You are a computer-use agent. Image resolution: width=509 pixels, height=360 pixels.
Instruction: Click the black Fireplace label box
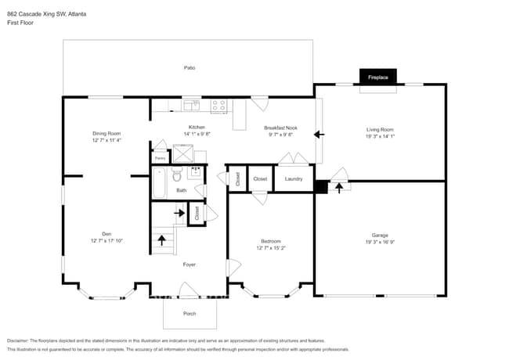(378, 77)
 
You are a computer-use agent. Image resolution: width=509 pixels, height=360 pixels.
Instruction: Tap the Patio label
(189, 68)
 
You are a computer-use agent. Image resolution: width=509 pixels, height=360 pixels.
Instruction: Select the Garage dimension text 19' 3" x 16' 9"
(380, 242)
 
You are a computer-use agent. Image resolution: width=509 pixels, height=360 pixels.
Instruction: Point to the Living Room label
(380, 129)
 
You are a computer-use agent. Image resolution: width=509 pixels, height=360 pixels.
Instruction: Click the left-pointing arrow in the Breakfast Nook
(319, 135)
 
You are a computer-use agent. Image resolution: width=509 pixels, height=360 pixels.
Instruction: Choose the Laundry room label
(294, 178)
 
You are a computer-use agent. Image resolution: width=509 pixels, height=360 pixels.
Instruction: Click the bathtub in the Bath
(158, 184)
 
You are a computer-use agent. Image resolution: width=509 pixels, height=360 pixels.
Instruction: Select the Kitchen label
(197, 128)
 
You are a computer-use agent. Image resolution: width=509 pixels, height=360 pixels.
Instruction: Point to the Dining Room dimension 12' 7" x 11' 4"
(106, 140)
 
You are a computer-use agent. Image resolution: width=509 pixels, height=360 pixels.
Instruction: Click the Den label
(106, 233)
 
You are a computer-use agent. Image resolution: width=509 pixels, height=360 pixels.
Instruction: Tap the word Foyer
(189, 265)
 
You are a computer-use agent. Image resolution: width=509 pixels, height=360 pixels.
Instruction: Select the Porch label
(189, 314)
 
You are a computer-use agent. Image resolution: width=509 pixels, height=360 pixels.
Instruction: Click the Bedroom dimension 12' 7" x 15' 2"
(271, 248)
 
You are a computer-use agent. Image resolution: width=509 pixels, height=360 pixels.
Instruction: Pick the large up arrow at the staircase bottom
(163, 239)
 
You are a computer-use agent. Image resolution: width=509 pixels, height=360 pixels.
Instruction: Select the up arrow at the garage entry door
(338, 187)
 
